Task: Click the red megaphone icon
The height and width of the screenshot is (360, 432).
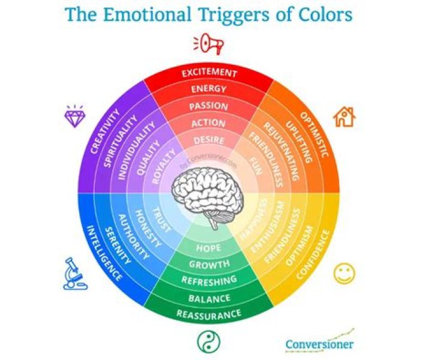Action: point(209,44)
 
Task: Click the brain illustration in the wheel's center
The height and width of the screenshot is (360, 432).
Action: point(208,196)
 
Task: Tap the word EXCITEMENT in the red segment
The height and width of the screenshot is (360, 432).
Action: point(209,73)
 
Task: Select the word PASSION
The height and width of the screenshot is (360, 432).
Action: point(209,106)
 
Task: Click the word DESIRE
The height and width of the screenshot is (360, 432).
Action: point(209,140)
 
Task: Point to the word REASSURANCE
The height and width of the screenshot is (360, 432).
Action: point(209,314)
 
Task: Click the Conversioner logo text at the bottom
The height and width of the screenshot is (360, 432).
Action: point(319,344)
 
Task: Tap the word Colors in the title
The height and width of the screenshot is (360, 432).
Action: point(322,13)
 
